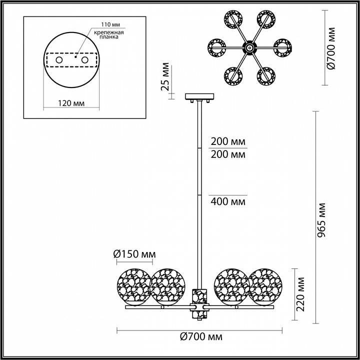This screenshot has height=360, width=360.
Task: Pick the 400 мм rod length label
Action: [x=228, y=202]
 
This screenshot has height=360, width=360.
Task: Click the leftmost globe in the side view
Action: [x=133, y=286]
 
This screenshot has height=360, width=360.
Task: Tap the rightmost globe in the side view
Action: [x=265, y=286]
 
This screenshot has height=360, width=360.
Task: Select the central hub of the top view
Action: [x=248, y=48]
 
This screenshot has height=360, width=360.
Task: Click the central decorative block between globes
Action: [x=199, y=302]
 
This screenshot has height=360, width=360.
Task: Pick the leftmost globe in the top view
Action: [x=218, y=48]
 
